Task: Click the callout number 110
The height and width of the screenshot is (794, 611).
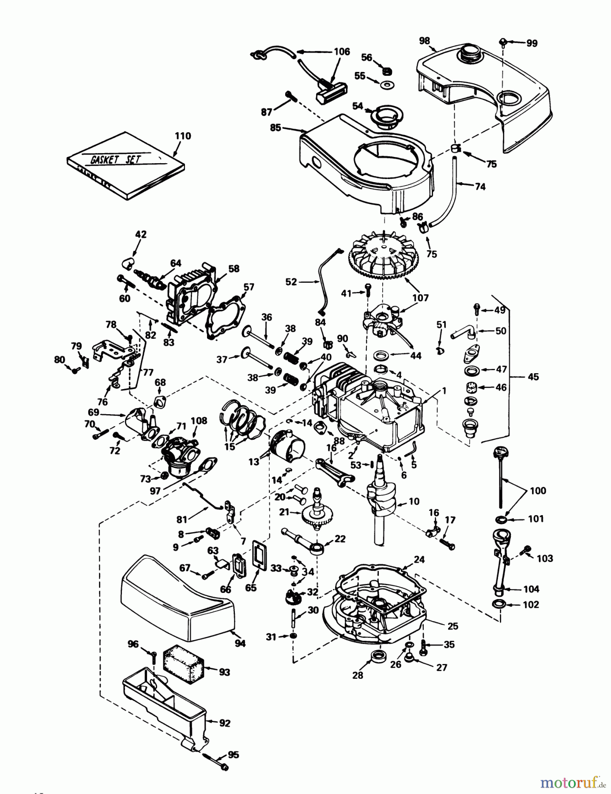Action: [x=183, y=136]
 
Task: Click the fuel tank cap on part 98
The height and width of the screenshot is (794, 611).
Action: [x=469, y=53]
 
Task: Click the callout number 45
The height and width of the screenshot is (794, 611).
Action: [x=533, y=377]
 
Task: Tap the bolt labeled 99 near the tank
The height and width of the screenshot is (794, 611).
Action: [x=503, y=41]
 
